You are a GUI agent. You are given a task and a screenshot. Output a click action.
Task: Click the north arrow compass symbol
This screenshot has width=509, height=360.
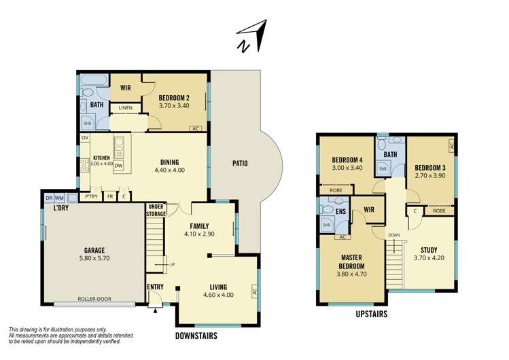[x=250, y=37]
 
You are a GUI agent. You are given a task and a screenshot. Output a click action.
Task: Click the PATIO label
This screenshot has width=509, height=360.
[x=239, y=163]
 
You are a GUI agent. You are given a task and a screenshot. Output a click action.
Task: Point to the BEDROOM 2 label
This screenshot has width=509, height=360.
[x=174, y=97]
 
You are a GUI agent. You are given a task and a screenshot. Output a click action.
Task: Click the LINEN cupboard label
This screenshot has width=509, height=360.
[x=126, y=108]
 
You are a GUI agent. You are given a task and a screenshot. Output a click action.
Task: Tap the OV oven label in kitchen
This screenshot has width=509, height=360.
[x=85, y=138]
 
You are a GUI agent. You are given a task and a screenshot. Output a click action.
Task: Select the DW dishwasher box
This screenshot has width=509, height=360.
[x=118, y=165]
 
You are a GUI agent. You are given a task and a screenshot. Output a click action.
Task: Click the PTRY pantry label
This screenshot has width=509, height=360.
[x=91, y=196]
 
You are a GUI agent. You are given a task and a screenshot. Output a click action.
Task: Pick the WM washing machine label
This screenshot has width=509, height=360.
[x=59, y=198]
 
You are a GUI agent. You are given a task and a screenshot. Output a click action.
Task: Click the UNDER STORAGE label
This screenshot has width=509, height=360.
[x=156, y=210]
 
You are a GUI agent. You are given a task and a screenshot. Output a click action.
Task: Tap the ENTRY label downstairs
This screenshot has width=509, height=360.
[x=155, y=287]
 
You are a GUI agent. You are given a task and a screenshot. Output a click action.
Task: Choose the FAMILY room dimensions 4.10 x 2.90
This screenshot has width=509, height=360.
[x=199, y=234]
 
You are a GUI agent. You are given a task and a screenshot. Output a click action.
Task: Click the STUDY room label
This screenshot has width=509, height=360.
[x=429, y=249]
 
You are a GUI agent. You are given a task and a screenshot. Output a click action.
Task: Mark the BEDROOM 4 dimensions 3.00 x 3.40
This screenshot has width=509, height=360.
[x=347, y=168]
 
